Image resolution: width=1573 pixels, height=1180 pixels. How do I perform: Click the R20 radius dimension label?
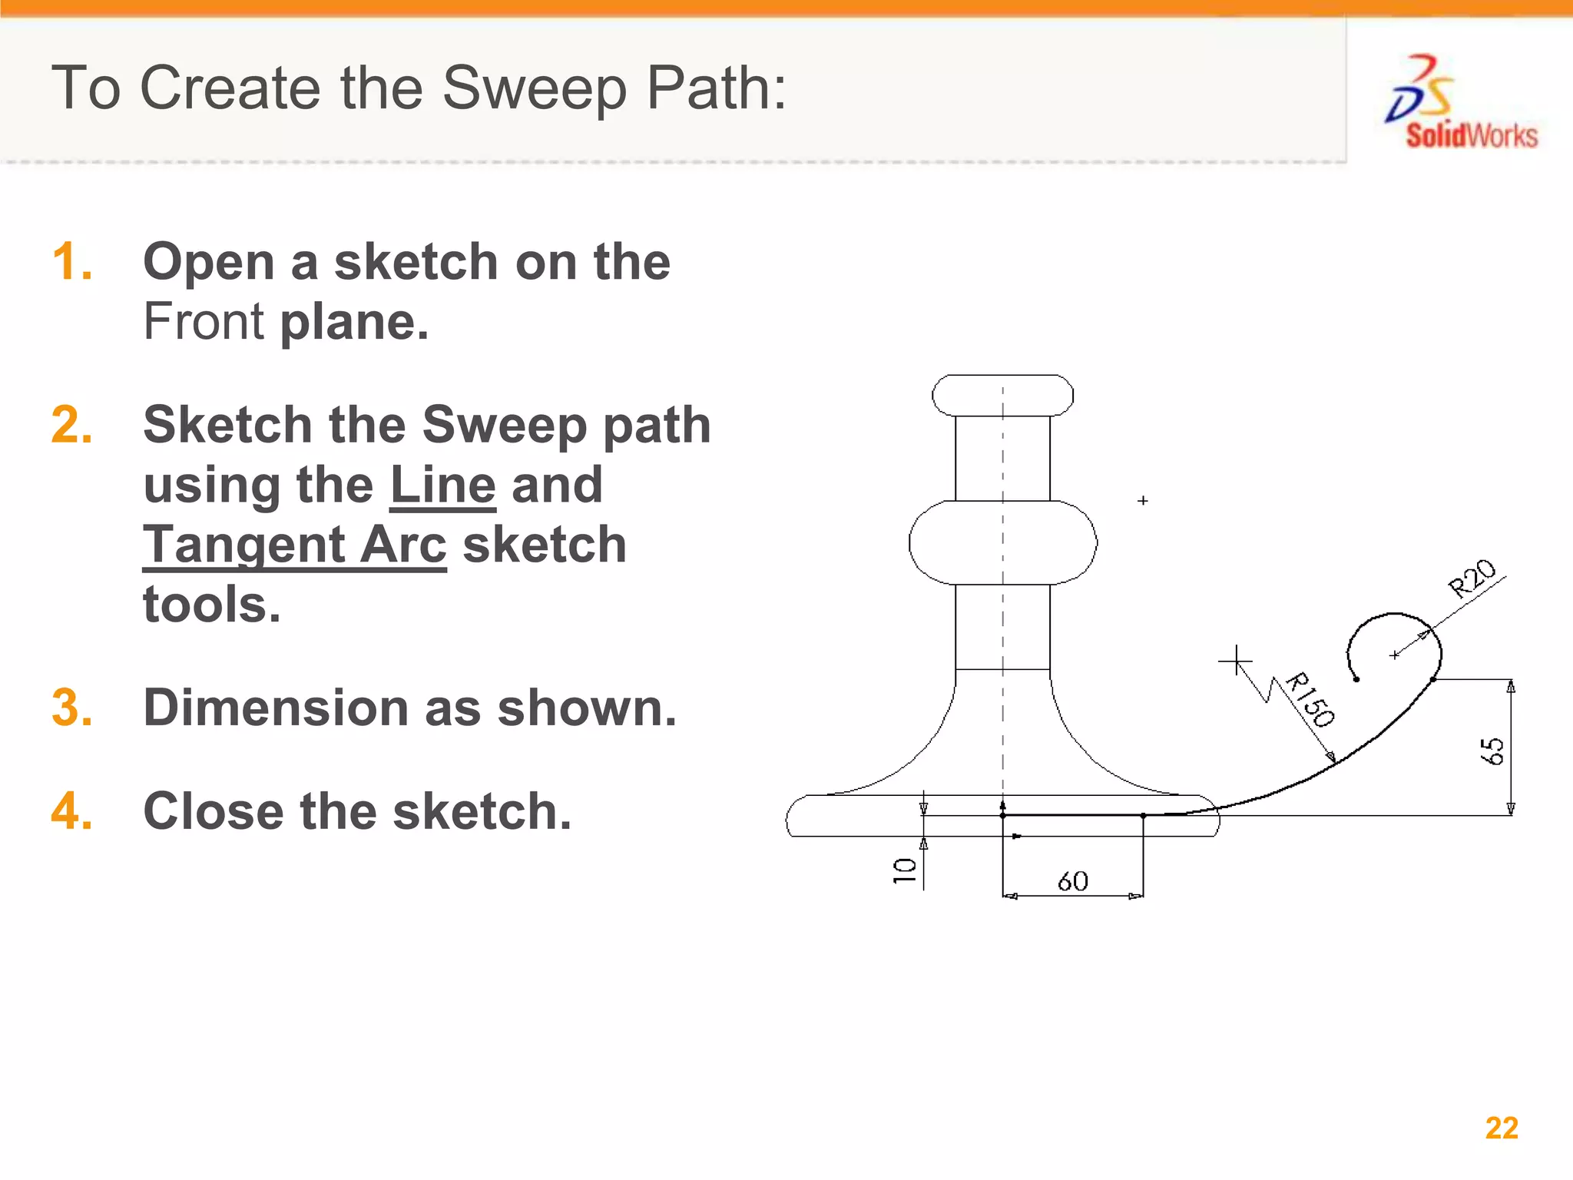point(1472,578)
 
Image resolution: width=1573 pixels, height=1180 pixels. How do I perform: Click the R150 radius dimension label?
point(1310,699)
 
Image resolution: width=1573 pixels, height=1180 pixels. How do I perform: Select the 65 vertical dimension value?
point(1492,751)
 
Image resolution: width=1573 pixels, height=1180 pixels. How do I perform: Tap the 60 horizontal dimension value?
point(1072,881)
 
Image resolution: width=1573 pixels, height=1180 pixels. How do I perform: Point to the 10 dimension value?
point(905,870)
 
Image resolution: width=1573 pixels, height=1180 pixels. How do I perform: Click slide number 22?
point(1502,1128)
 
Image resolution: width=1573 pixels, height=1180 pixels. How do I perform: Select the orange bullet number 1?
point(72,262)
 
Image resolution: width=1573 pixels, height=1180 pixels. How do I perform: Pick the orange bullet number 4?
point(72,811)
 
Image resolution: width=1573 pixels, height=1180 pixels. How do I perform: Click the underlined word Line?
point(442,486)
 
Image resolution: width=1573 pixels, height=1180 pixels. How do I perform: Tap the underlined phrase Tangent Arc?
point(294,545)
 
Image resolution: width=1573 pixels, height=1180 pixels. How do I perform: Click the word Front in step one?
point(204,321)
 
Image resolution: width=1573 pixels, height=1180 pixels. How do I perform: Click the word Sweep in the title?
point(535,88)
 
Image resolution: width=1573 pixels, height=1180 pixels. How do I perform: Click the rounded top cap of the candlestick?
point(1002,396)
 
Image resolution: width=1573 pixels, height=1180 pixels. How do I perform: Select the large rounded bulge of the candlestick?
point(1002,542)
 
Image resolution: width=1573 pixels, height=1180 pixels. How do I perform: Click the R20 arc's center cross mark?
point(1394,655)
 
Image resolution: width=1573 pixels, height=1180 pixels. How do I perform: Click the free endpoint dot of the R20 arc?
point(1356,679)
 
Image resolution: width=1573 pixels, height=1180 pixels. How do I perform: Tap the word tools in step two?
point(211,605)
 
